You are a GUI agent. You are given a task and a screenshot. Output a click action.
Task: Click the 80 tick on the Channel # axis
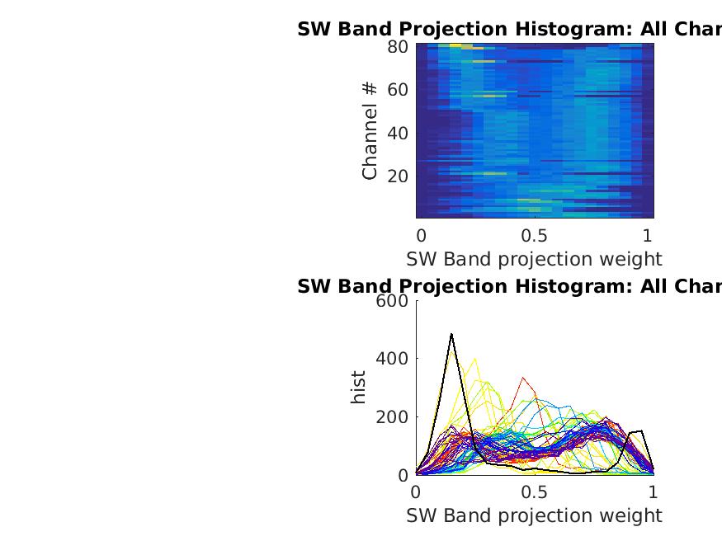397,46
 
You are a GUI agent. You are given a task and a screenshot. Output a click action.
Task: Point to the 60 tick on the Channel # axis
397,89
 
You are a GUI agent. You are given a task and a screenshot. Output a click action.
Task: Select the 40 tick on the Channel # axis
397,133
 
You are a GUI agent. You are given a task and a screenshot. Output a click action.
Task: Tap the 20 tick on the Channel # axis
397,176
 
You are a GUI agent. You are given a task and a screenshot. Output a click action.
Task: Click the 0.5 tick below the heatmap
534,234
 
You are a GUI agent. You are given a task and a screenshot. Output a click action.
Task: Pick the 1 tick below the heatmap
648,234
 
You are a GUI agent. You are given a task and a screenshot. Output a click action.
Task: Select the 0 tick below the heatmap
421,234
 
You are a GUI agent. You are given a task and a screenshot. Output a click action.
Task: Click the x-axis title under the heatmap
534,259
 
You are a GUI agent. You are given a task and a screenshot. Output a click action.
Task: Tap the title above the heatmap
509,29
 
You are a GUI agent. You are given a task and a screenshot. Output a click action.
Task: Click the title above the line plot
509,286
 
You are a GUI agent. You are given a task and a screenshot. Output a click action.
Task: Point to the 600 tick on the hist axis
392,301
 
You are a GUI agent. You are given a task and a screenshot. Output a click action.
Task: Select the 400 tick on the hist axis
392,359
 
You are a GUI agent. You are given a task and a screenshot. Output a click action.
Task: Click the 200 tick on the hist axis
392,416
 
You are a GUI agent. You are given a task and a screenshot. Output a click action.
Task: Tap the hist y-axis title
358,388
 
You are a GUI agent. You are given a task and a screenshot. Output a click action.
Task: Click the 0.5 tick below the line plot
534,492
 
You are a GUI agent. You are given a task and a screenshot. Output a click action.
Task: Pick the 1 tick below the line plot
653,492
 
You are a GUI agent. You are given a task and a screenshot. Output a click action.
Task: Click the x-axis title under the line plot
534,515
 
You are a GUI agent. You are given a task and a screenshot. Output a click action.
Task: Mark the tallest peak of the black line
451,334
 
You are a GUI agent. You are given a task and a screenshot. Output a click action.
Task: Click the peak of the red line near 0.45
522,379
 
